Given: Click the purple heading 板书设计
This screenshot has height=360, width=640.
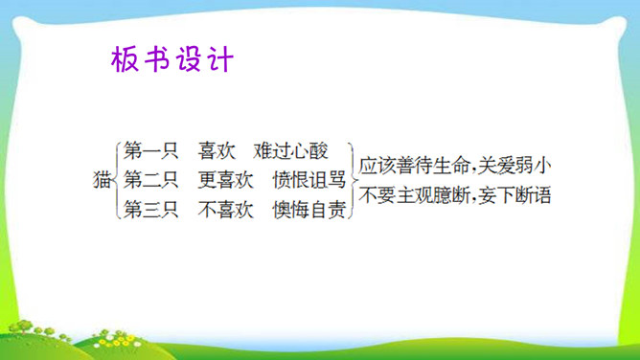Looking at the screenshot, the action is coord(172,59).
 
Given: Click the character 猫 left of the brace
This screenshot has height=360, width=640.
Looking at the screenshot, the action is coord(103,180).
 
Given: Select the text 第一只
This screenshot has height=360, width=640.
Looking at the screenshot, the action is coord(151,150).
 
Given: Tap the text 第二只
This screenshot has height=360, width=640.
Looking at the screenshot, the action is coord(151,180).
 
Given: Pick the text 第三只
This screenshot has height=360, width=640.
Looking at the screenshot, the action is coord(151,209).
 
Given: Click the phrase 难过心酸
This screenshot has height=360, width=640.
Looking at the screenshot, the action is coord(290,150).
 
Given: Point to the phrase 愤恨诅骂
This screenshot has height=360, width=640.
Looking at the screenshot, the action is coord(309,180).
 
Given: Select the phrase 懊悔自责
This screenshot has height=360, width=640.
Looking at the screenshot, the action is coord(309,209).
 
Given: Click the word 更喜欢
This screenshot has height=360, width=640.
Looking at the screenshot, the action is coord(226,180).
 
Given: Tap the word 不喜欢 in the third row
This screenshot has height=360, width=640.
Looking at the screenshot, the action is coord(226,209).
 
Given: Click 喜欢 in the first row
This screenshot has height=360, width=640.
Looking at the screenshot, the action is coord(217,150).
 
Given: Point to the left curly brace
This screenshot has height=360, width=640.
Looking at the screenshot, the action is coord(117,180).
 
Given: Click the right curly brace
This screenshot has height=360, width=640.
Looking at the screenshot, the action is coord(353,180).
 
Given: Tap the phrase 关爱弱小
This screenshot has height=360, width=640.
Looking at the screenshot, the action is coord(514,166).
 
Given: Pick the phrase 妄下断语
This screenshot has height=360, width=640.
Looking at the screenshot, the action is coord(514,195).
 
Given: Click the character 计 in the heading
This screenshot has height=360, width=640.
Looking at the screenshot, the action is coord(220,59).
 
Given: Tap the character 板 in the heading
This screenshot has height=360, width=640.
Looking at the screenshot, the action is coord(125,59).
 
